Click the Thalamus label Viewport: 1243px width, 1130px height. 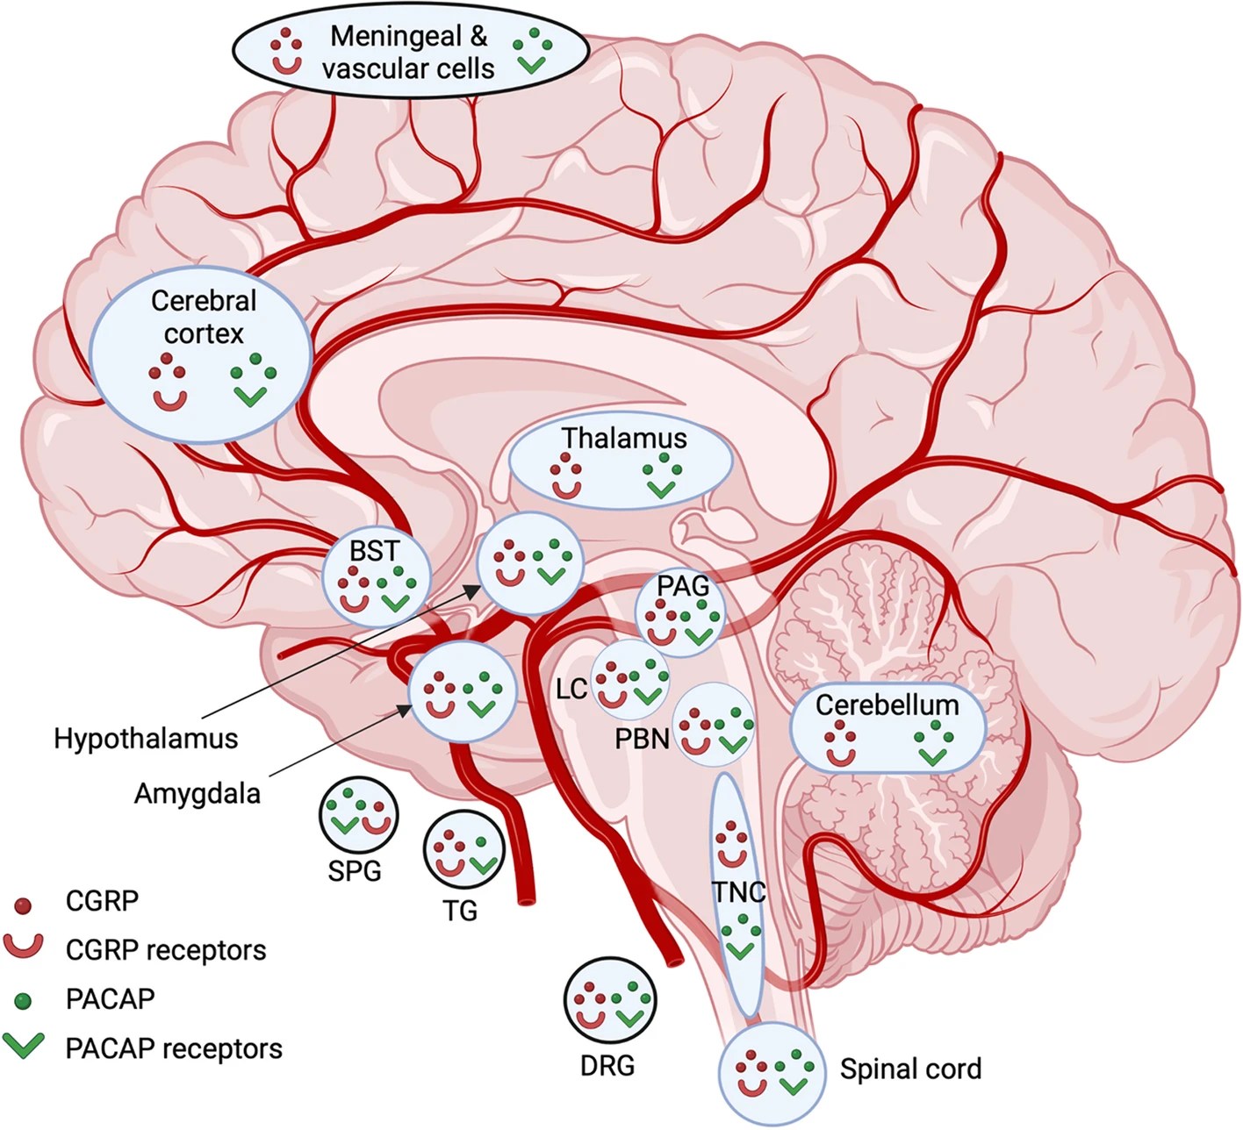623,437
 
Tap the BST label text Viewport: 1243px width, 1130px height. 374,551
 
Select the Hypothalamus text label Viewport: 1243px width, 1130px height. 146,738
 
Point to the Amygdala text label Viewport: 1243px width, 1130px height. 198,793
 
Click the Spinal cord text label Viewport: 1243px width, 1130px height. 910,1069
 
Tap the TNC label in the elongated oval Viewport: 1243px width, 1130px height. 738,892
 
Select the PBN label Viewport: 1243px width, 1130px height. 642,739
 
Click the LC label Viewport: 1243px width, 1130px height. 571,689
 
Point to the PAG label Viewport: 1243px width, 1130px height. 683,586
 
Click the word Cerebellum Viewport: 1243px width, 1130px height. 887,704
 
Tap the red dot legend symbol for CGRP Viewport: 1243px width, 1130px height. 24,904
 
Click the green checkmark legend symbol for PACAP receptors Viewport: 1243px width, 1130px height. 24,1046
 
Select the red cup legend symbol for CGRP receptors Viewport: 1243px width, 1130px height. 24,946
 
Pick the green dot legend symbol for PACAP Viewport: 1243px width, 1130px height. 24,999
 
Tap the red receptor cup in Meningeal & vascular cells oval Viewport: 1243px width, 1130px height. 286,64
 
